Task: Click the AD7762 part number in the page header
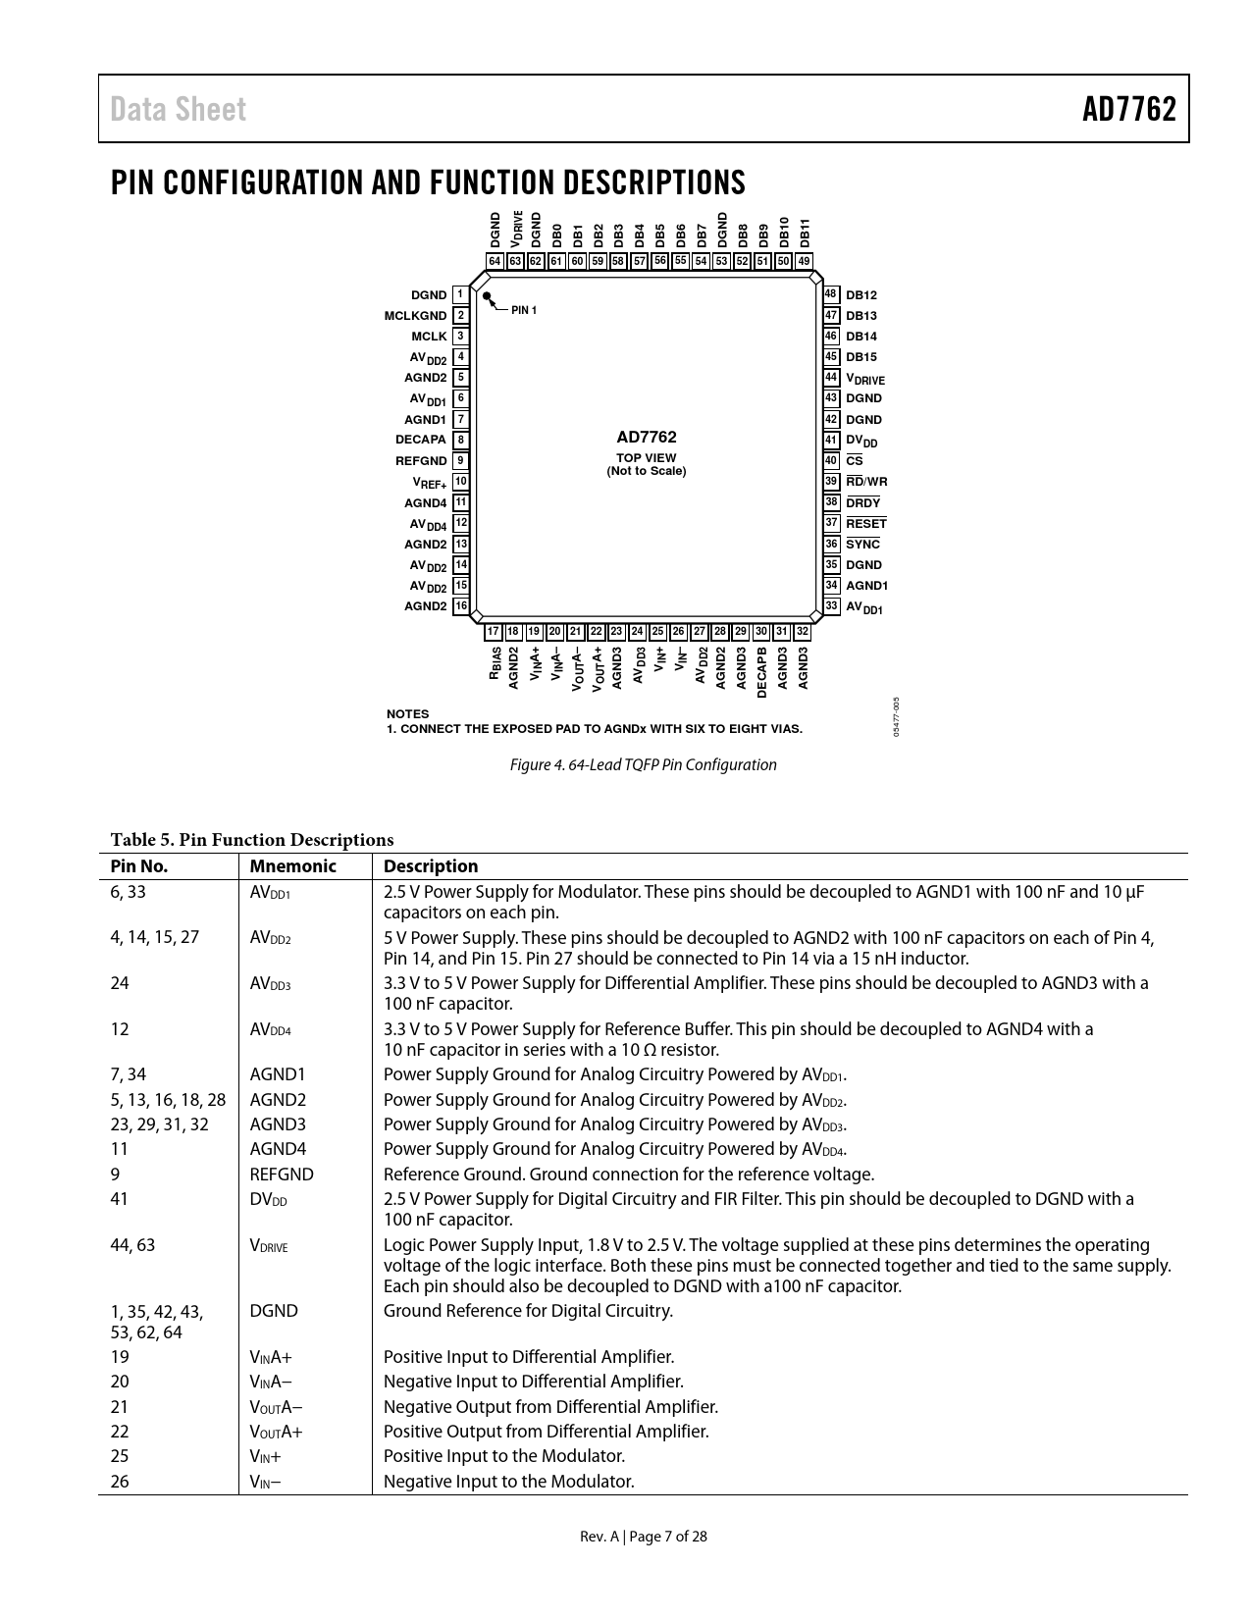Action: (x=1128, y=109)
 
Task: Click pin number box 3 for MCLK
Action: (x=460, y=337)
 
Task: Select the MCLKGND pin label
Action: (x=415, y=316)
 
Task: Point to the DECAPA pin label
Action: (x=421, y=440)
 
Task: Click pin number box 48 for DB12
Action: (x=831, y=294)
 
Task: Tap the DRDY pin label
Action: (x=862, y=503)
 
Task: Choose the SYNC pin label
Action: (x=862, y=545)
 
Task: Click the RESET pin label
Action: (x=865, y=524)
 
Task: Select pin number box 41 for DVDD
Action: (x=831, y=441)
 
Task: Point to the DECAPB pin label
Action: (x=762, y=672)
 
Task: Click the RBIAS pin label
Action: (x=495, y=664)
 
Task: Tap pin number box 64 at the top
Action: (x=495, y=261)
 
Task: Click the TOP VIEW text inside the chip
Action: (x=646, y=458)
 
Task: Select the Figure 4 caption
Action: (x=643, y=764)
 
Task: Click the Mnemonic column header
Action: (x=292, y=866)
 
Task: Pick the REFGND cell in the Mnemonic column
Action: (x=282, y=1175)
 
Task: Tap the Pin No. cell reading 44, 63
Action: (x=132, y=1245)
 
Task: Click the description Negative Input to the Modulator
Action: (x=508, y=1482)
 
